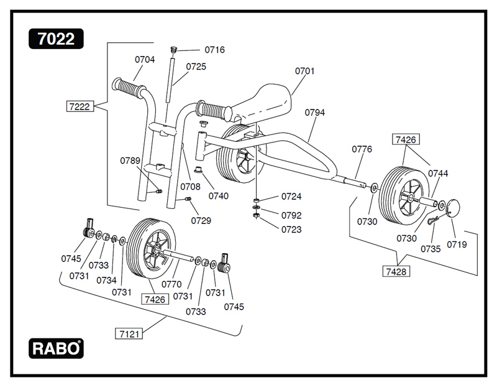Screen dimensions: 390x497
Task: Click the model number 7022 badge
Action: point(56,39)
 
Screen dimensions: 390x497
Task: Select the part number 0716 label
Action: point(214,50)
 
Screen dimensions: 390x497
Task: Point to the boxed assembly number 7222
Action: point(79,106)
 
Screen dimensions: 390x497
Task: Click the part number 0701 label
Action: point(304,71)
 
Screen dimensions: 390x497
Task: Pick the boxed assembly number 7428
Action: point(395,271)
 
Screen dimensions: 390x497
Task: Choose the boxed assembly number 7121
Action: point(129,333)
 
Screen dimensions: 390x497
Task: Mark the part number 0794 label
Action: point(315,113)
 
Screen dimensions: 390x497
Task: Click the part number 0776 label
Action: point(362,149)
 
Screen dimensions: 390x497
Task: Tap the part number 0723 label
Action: point(291,230)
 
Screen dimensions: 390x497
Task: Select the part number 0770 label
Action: point(171,284)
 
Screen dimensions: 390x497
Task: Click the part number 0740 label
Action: point(218,196)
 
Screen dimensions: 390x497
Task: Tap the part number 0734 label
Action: point(106,280)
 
